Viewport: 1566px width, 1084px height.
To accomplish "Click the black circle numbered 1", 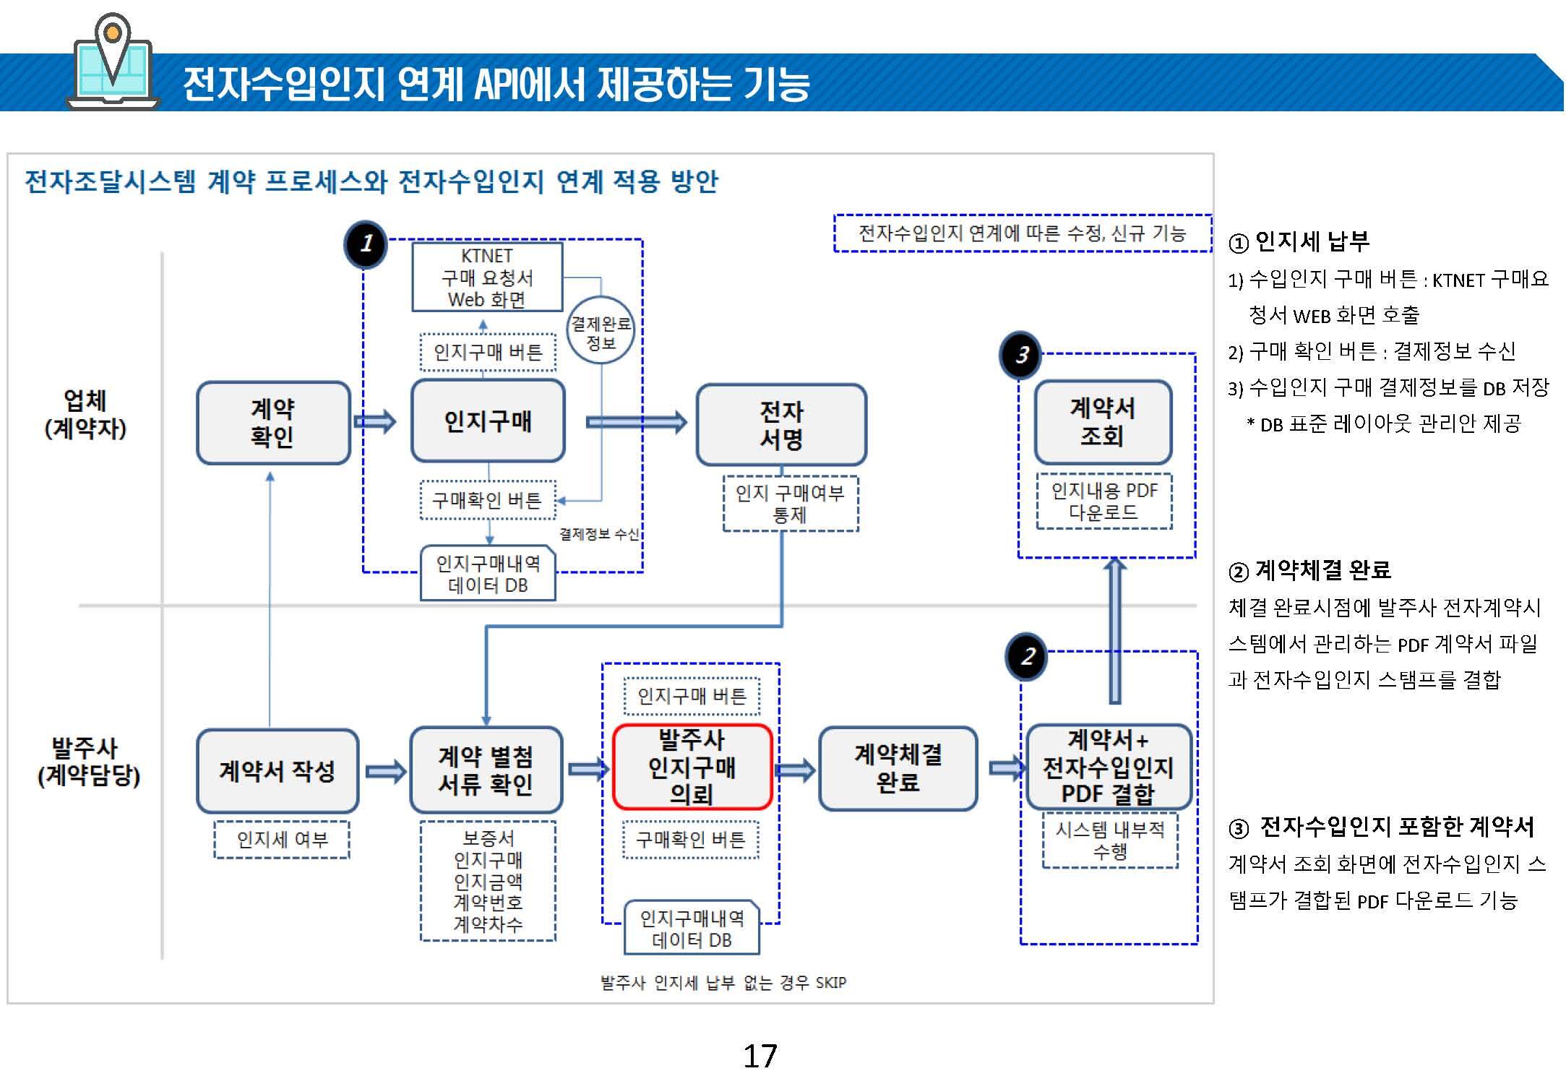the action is (x=366, y=244).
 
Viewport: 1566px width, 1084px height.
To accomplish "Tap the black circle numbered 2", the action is (x=1027, y=657).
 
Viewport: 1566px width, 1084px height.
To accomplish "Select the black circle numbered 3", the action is (x=1020, y=355).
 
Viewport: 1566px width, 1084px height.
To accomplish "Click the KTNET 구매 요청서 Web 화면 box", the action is (x=487, y=278).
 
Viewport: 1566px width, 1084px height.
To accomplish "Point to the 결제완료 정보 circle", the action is (x=601, y=331).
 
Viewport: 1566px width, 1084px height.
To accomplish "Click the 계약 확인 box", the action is (x=273, y=423).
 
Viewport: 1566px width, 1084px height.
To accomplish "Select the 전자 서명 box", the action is (x=781, y=425).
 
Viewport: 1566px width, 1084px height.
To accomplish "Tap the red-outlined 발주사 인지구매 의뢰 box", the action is (x=692, y=767).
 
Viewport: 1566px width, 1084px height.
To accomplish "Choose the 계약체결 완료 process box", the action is (x=898, y=768).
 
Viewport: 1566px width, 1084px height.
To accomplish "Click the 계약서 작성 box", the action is (x=278, y=770).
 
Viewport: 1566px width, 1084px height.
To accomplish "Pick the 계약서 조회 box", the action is (x=1103, y=422).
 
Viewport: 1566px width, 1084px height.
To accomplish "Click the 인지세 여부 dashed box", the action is (x=282, y=840).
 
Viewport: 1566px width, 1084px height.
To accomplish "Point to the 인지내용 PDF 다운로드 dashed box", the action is (x=1104, y=502).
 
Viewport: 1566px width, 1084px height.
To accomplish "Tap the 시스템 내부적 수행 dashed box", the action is (x=1110, y=840).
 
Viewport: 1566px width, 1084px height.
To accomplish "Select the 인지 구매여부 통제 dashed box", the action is (x=791, y=504).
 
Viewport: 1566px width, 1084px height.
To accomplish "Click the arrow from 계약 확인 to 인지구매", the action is (x=375, y=421).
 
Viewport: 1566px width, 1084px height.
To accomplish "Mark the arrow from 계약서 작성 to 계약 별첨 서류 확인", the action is (x=386, y=771).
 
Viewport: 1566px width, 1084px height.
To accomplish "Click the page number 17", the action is (x=760, y=1057).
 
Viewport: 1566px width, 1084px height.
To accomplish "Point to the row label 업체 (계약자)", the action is (x=85, y=414).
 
